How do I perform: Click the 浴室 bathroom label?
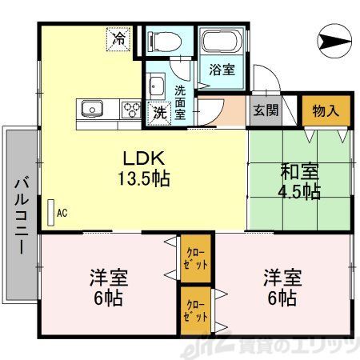click(222, 70)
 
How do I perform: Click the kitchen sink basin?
click(90, 107)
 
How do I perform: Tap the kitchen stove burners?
click(130, 108)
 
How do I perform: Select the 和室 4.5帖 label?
click(299, 181)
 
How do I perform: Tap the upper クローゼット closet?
click(196, 258)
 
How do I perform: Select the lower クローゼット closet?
click(196, 310)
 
